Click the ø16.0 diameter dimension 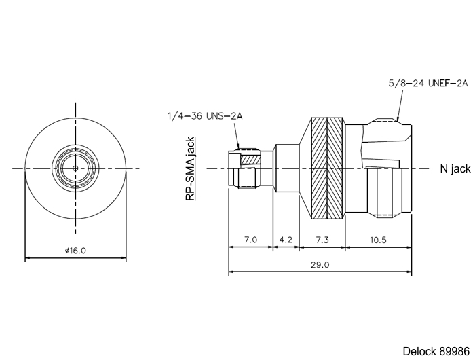click(75, 251)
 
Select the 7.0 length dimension click(250, 240)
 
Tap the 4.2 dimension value click(286, 240)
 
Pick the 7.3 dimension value click(322, 240)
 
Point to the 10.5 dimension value click(378, 240)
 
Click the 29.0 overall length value click(320, 265)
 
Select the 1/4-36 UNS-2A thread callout click(205, 116)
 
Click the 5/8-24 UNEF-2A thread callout click(428, 83)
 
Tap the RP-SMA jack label click(190, 169)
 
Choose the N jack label click(455, 168)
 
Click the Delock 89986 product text click(436, 351)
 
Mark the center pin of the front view click(75, 168)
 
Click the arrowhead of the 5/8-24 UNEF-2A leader click(398, 119)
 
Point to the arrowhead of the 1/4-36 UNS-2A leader click(237, 146)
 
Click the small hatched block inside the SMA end click(251, 159)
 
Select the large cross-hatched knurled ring click(328, 168)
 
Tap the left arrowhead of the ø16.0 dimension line click(28, 258)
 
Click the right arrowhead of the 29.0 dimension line click(408, 272)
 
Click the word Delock click(419, 351)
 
